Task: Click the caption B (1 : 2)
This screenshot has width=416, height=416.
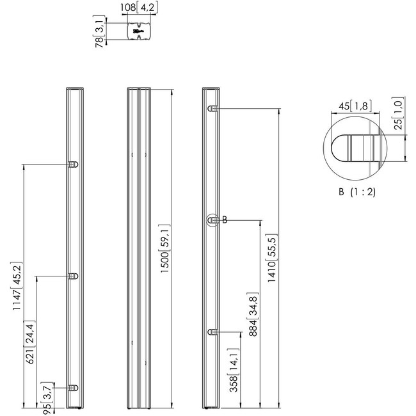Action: coord(357,191)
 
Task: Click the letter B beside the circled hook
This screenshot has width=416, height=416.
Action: coord(225,220)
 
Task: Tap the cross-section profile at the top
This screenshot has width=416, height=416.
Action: coord(139,31)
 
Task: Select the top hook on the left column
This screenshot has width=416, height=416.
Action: coord(73,164)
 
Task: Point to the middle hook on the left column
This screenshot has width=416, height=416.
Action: coord(73,276)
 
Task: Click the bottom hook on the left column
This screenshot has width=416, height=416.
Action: coord(73,388)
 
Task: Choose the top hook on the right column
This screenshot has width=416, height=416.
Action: coord(212,108)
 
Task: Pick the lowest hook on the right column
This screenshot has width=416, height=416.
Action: coord(212,332)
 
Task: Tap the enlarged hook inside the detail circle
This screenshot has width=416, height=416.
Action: coord(353,148)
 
